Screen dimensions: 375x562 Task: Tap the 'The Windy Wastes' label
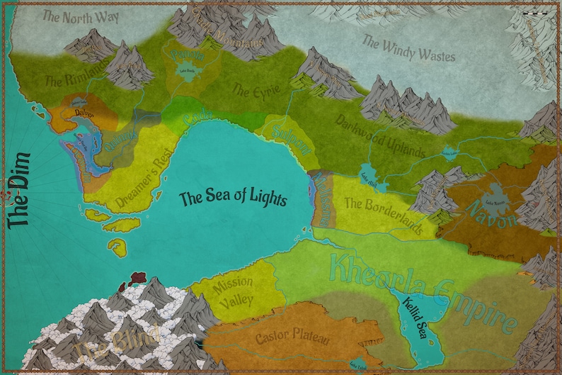408,48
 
